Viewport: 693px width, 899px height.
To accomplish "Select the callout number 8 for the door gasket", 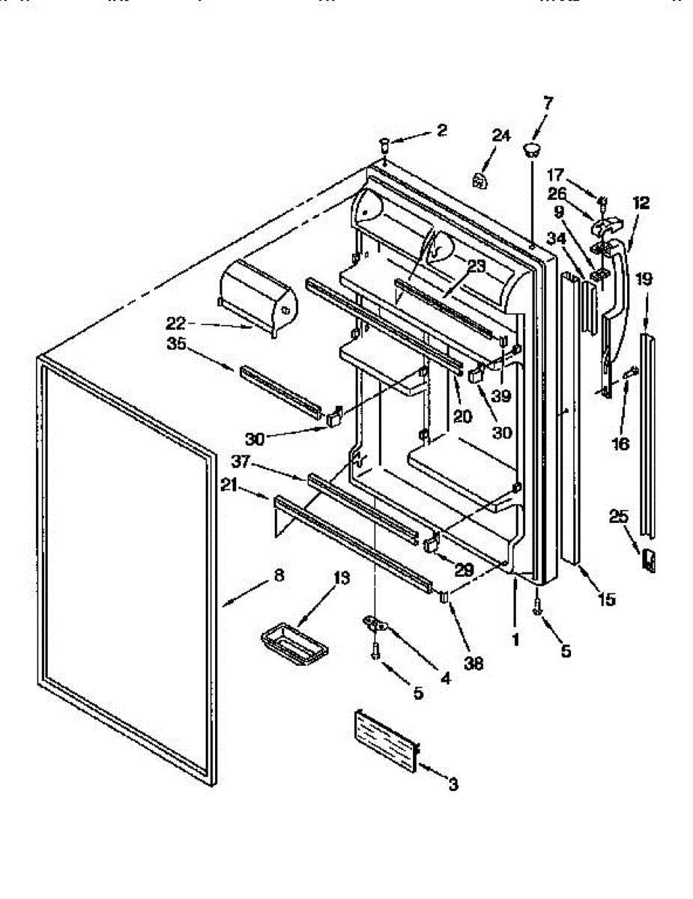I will point(279,576).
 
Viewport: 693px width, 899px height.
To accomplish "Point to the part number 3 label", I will point(453,785).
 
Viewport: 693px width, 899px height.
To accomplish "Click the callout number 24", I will point(500,136).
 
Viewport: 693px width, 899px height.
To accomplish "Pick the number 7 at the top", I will point(548,103).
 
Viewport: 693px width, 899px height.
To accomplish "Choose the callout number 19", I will point(644,279).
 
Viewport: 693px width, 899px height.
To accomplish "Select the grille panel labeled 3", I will point(384,741).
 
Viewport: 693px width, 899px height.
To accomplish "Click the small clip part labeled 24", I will point(479,181).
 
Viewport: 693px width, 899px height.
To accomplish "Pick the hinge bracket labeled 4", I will point(379,623).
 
